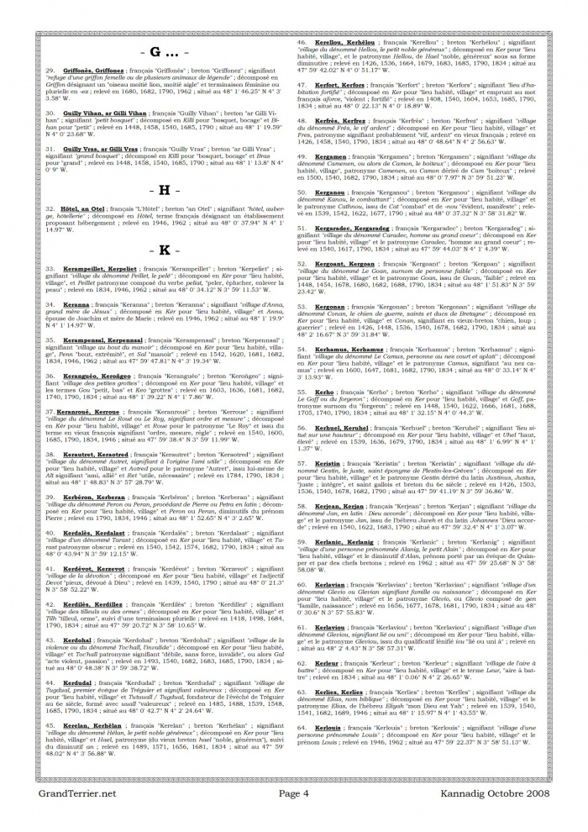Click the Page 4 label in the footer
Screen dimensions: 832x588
point(295,816)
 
